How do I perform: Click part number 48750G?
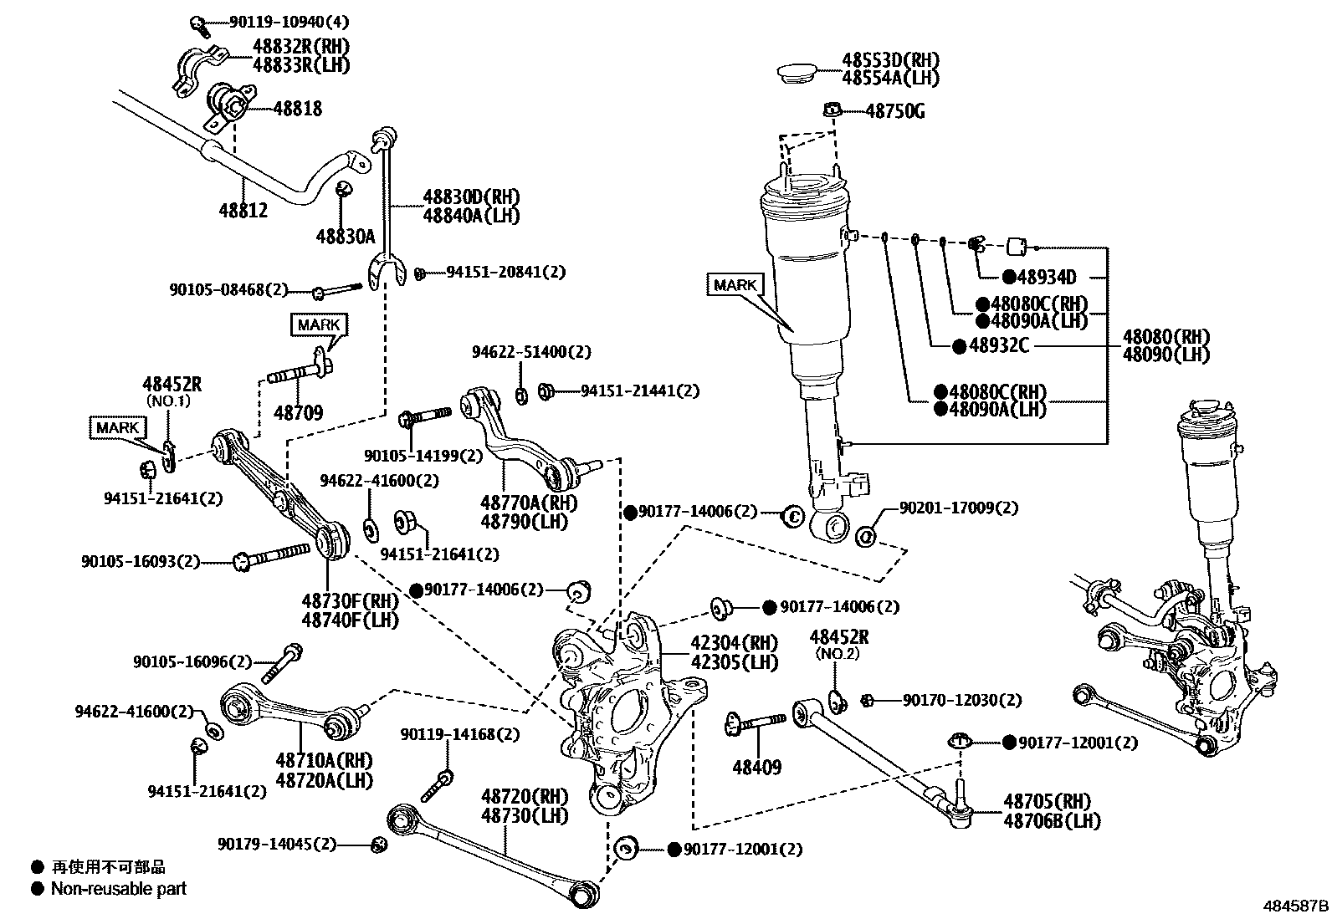[x=894, y=111]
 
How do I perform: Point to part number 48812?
[x=243, y=210]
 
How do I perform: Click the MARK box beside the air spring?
[x=735, y=285]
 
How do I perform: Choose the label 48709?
[x=299, y=412]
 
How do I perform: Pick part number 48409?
[x=757, y=766]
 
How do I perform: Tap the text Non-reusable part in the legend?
[x=119, y=889]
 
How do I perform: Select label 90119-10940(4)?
[x=278, y=22]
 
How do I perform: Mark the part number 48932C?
[x=998, y=345]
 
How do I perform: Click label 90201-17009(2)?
[x=959, y=508]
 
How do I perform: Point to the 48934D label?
[x=1047, y=278]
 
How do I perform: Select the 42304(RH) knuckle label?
[x=734, y=643]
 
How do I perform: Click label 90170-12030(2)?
[x=962, y=700]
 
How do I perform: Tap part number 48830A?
[x=346, y=236]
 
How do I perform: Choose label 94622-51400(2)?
[x=531, y=352]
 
